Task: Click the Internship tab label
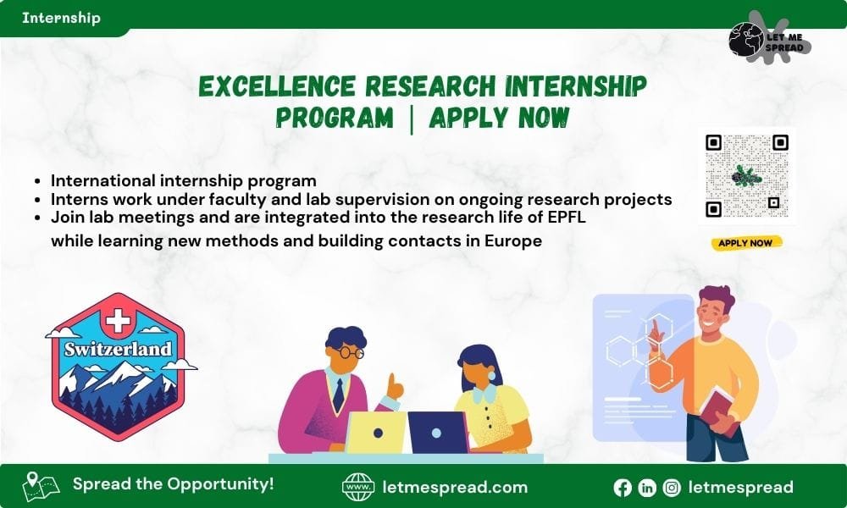[x=61, y=18]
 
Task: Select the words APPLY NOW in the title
[x=498, y=118]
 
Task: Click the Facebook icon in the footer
[x=623, y=488]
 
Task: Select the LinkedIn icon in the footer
[x=647, y=488]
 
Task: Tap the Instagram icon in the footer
[x=672, y=488]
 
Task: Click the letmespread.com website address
[x=456, y=488]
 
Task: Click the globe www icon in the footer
[x=358, y=488]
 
